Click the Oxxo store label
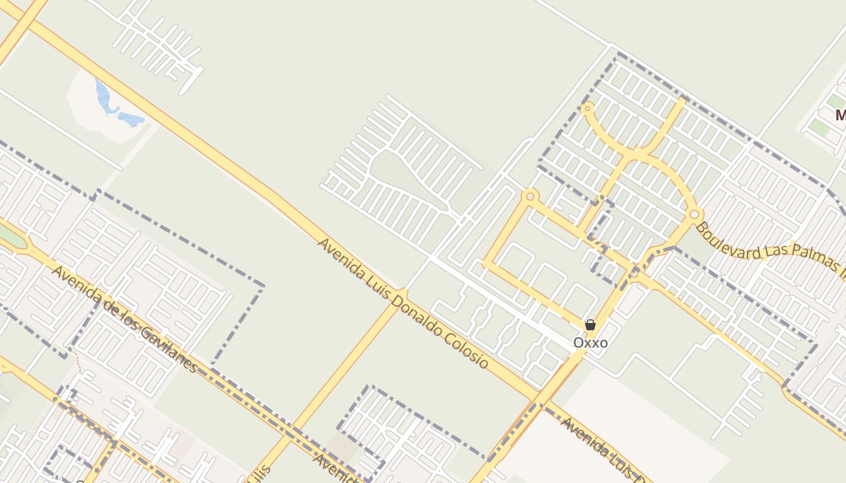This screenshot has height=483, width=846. [590, 343]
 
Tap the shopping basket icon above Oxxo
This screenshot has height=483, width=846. [590, 325]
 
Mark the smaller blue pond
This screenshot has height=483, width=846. [132, 118]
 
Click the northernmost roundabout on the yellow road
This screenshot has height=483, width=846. [587, 108]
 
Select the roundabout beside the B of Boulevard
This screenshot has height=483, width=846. [694, 214]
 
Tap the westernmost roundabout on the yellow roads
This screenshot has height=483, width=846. [531, 196]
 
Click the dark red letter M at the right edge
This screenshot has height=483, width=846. [840, 115]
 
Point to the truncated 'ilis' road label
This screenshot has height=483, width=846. [260, 474]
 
